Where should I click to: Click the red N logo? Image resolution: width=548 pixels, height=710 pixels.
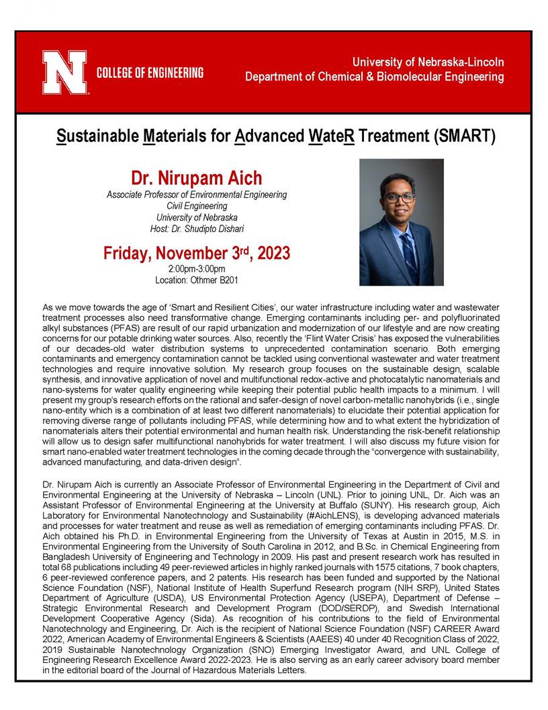point(64,73)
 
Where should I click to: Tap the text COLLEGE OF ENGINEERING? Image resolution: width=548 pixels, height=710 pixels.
point(150,73)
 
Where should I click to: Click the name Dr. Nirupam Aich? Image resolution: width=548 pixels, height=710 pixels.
point(197,178)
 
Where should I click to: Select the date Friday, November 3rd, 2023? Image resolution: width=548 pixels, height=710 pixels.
point(197,253)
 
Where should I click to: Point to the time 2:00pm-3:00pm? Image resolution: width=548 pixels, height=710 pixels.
point(197,270)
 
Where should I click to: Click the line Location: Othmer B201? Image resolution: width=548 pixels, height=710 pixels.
point(197,280)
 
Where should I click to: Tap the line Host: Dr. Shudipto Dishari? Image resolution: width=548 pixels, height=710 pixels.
point(197,229)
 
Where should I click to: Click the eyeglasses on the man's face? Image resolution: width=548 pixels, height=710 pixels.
point(400,198)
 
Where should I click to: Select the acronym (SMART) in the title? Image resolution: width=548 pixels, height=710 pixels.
point(465,137)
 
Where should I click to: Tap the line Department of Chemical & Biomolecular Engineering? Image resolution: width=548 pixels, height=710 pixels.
point(374,77)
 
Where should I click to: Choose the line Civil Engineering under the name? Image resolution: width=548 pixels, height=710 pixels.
point(197,206)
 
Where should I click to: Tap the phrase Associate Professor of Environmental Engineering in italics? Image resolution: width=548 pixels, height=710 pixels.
point(197,195)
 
